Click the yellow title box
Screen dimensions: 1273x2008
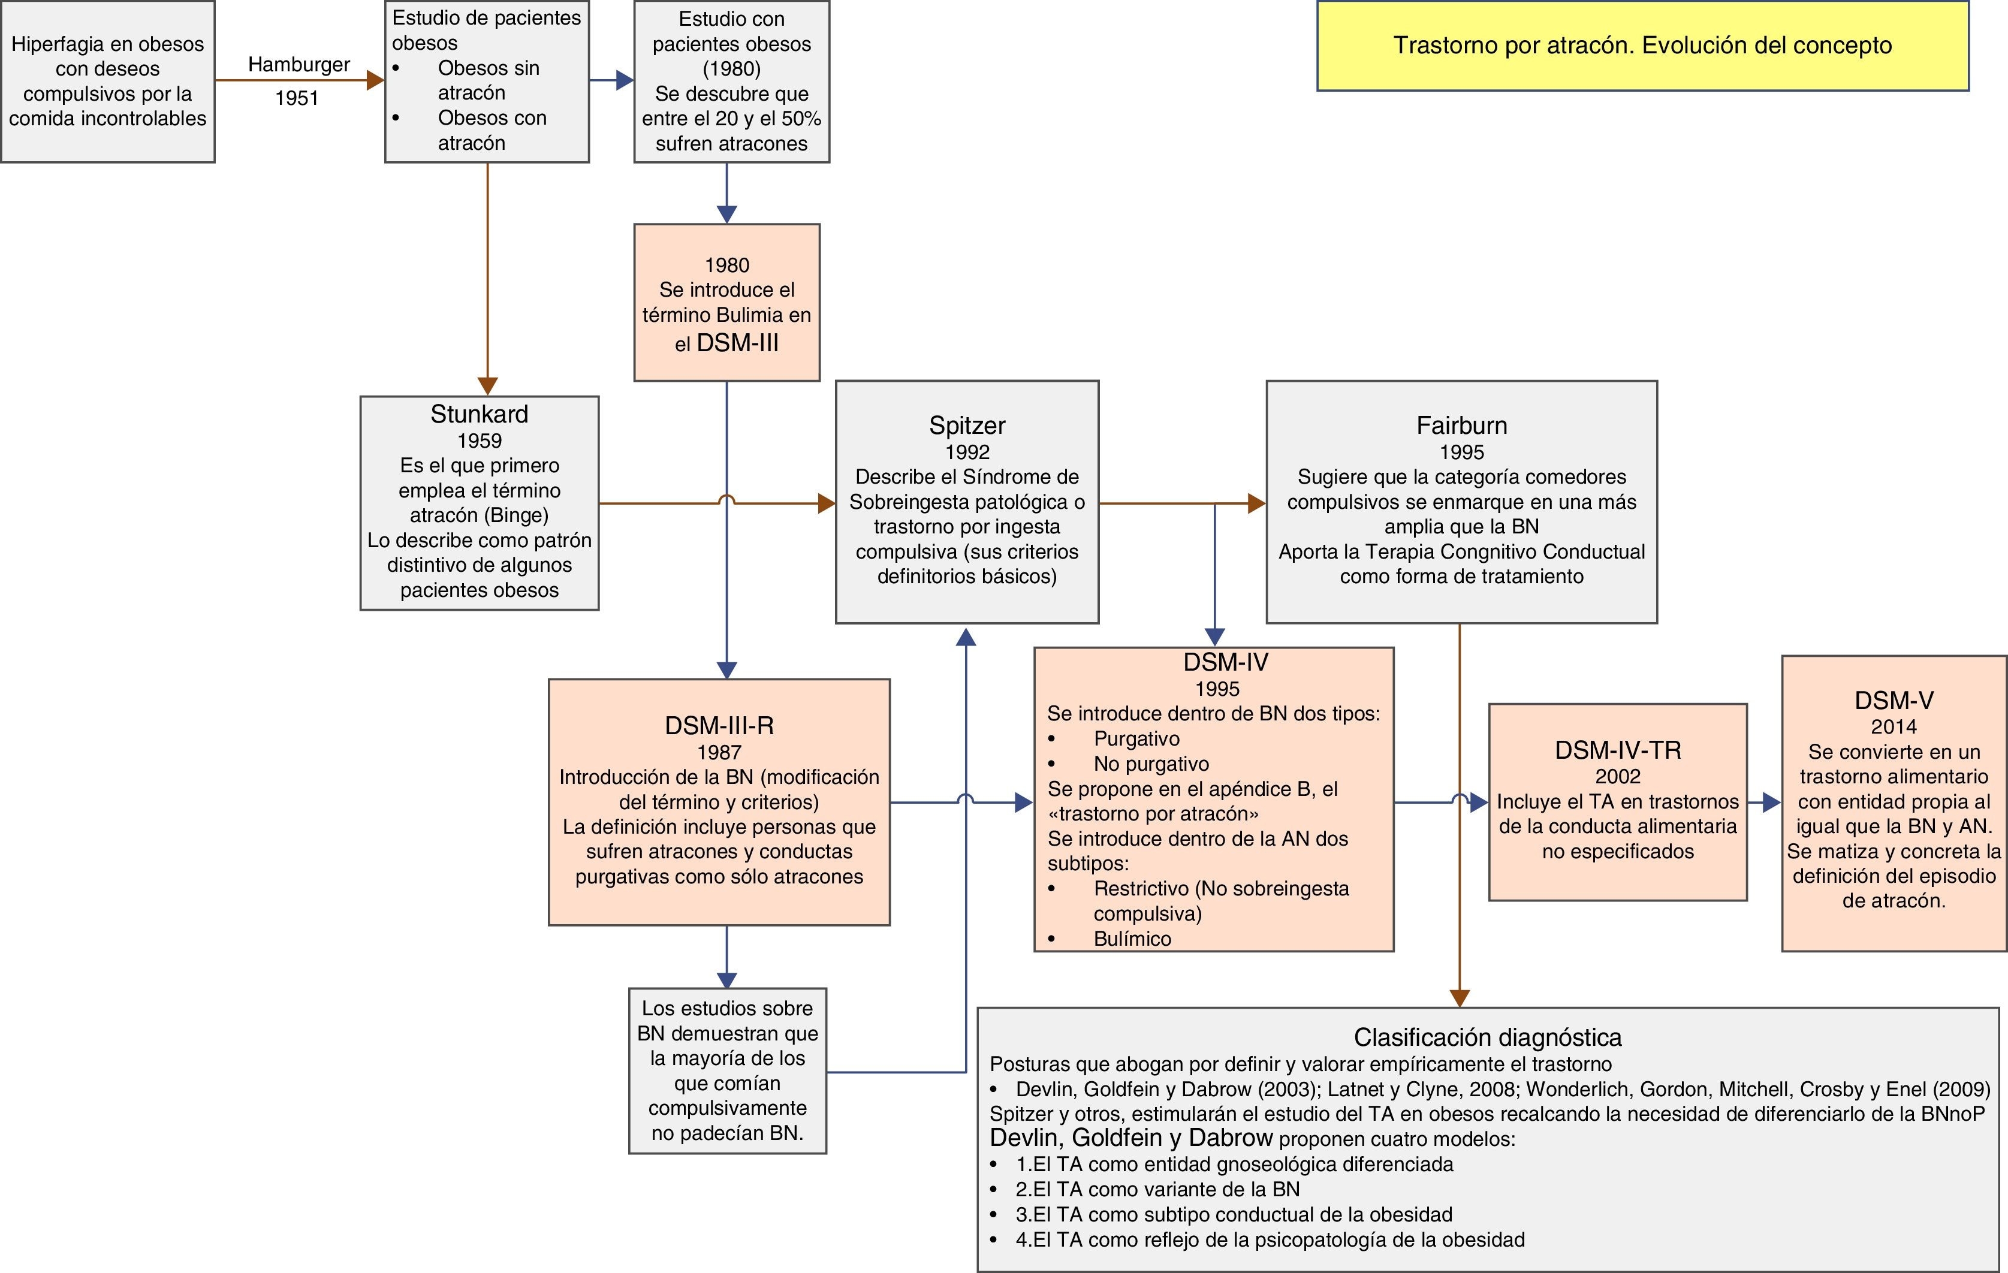point(1642,46)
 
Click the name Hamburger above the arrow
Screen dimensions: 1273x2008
point(299,64)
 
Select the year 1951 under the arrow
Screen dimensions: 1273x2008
point(297,98)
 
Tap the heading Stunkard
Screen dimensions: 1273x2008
point(480,414)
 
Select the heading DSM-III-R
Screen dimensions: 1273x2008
point(719,725)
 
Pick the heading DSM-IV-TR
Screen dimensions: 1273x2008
point(1617,750)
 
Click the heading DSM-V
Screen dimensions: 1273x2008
point(1894,700)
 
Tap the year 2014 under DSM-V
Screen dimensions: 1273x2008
point(1894,727)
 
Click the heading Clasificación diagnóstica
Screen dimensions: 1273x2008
point(1488,1037)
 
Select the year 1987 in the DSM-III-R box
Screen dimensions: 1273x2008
point(719,752)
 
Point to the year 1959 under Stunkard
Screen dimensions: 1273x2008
point(480,440)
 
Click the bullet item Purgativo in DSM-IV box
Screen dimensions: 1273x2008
point(1136,738)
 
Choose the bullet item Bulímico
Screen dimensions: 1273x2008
point(1132,939)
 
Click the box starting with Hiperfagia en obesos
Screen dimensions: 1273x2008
point(107,81)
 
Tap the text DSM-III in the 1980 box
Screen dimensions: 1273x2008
point(737,343)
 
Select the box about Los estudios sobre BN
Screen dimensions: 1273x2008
point(727,1070)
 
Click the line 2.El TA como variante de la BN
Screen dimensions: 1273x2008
point(1157,1189)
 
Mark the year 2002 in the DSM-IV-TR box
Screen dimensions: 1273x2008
point(1617,776)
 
